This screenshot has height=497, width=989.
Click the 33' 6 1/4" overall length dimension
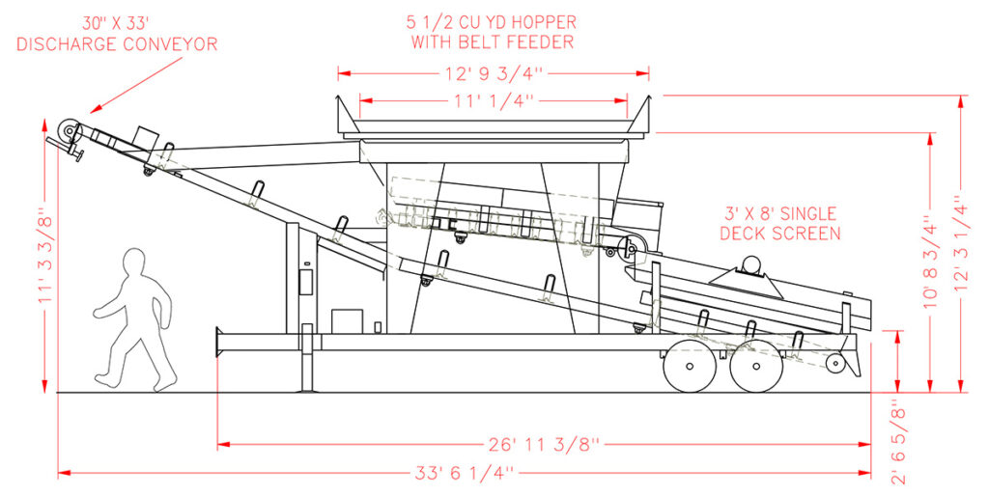point(465,473)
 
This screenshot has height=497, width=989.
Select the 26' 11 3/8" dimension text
point(543,445)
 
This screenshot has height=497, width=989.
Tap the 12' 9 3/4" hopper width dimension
point(494,73)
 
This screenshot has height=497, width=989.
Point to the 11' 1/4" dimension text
point(494,99)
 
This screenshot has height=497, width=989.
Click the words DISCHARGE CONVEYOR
point(117,44)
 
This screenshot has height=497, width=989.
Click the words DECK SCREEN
point(780,234)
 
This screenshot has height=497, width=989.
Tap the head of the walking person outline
point(135,262)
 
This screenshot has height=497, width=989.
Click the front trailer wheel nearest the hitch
point(690,366)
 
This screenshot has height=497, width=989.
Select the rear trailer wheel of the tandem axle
point(757,366)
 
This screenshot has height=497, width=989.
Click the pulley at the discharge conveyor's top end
point(68,131)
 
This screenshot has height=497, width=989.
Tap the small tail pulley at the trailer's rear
point(835,363)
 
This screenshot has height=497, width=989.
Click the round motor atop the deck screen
point(750,263)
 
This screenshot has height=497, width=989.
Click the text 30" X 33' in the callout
point(117,24)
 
